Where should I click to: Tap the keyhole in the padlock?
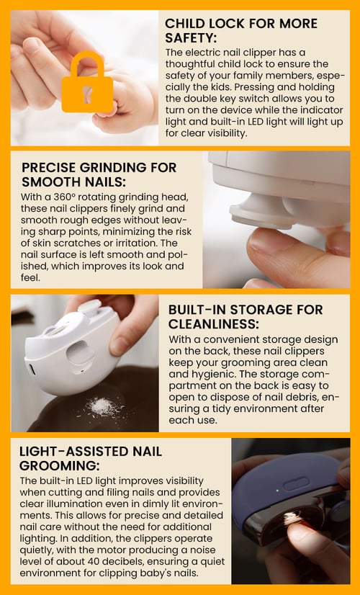tap(88, 94)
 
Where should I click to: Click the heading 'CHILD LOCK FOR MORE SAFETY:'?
tap(241, 30)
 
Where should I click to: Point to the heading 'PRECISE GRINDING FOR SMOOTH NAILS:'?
tap(99, 174)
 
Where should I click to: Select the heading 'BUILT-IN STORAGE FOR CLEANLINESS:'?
tap(246, 316)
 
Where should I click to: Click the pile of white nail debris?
tap(104, 407)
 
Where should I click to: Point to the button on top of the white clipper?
tap(89, 306)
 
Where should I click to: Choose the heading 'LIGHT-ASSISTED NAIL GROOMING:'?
tap(91, 458)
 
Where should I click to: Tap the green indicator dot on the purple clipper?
tap(278, 491)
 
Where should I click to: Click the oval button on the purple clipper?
tap(297, 484)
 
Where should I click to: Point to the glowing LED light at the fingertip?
tap(292, 518)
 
